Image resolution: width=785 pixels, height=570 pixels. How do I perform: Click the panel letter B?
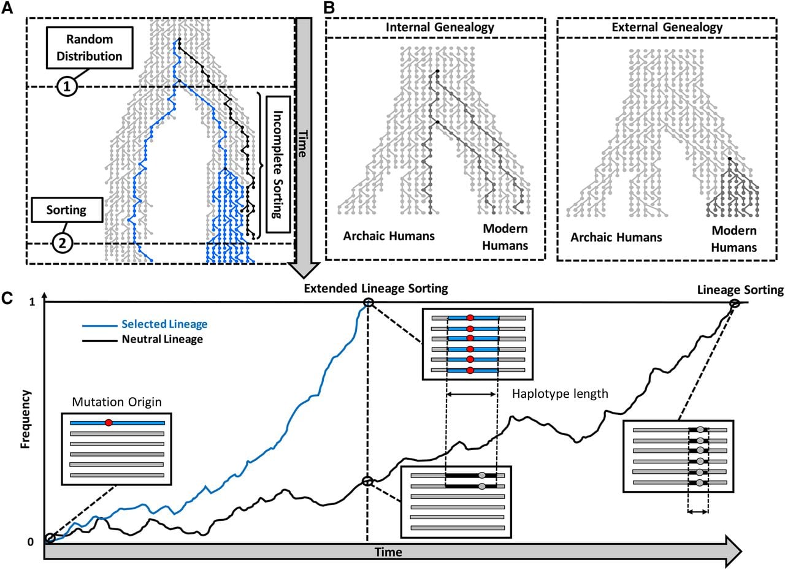coord(329,8)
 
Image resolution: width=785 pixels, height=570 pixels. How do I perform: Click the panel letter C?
coord(7,298)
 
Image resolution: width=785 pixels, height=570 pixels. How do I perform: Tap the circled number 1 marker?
coord(67,86)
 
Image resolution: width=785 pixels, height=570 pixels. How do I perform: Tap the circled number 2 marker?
coord(63,243)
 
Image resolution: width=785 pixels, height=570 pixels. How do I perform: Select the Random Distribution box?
coord(90,48)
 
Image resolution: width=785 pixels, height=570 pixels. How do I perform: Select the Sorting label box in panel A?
coord(67,210)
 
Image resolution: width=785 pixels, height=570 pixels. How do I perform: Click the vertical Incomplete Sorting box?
coord(278,164)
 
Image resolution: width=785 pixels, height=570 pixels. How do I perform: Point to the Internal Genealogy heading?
coord(440,27)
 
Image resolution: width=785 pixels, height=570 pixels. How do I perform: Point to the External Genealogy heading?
coord(667,27)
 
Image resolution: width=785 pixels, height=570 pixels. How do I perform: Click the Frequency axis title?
coord(25,419)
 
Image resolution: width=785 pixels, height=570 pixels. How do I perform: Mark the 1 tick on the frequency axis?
coord(33,302)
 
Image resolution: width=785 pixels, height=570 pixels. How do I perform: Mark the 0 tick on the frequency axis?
coord(31,542)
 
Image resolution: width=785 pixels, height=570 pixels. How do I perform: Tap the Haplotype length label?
coord(560,394)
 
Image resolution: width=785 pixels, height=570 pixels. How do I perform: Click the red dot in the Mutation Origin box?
coord(109,423)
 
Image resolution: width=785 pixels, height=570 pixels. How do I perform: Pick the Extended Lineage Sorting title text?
coord(376,289)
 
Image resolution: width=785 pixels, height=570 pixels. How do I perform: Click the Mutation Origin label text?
coord(117,402)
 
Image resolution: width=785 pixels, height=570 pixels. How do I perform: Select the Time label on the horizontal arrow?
coord(388,552)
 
